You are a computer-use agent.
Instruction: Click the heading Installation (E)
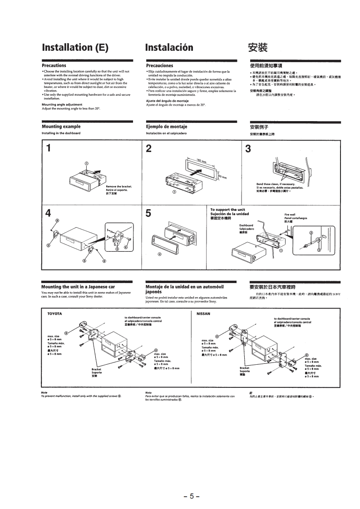click(x=75, y=48)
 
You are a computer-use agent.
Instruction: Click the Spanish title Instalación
click(x=169, y=48)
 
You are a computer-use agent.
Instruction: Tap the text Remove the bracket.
click(x=118, y=186)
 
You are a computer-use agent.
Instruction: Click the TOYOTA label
click(x=54, y=313)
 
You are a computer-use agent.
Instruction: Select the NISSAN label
click(x=202, y=313)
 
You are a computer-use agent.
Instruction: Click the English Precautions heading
click(x=54, y=66)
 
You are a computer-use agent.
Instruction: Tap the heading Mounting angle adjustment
click(x=62, y=104)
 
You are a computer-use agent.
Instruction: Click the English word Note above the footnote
click(x=44, y=392)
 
